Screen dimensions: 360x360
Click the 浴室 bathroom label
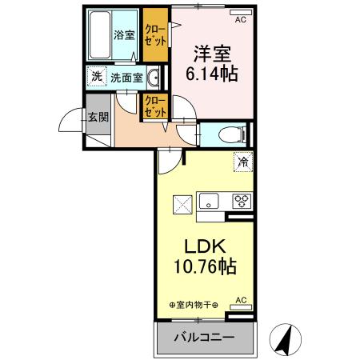tap(123, 35)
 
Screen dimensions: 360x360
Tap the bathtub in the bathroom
tap(98, 35)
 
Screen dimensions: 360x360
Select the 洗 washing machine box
tap(96, 78)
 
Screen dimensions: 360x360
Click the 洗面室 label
tap(126, 78)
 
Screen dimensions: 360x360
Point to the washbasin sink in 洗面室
tap(154, 78)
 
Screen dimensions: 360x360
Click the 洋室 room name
tap(210, 54)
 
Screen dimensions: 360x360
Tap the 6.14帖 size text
tap(211, 74)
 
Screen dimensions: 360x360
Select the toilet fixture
tap(229, 134)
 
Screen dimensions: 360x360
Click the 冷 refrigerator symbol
tap(242, 161)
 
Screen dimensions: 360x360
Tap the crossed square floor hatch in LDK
tap(182, 204)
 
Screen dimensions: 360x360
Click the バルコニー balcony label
tap(204, 338)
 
